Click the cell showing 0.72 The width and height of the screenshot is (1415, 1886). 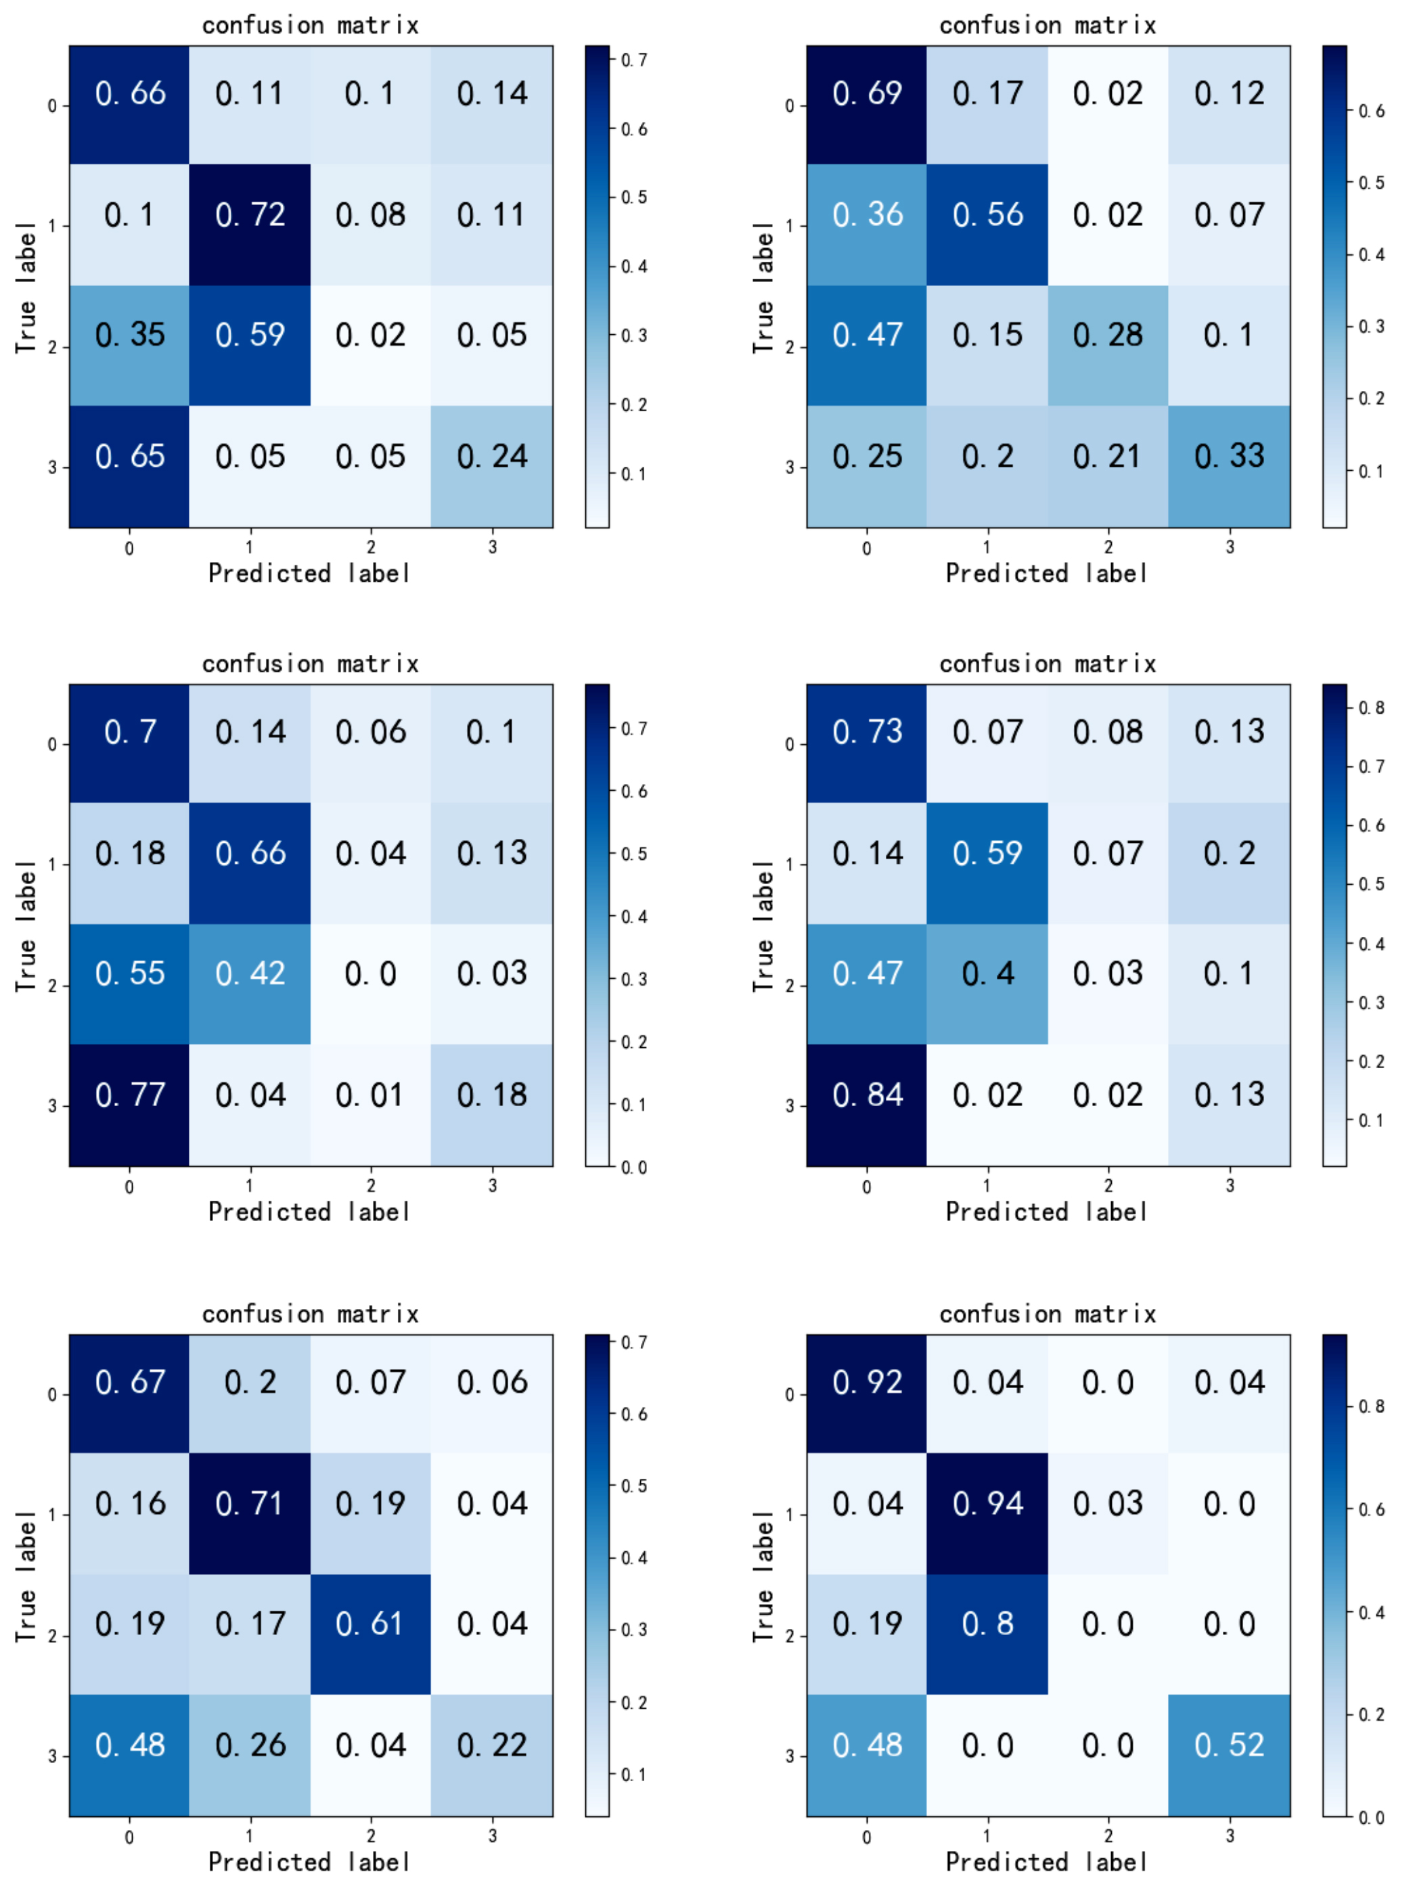pos(250,215)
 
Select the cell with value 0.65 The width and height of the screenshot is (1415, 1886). pos(130,456)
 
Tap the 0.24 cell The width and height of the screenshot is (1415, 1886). pos(491,456)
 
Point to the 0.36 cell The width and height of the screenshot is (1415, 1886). pos(867,215)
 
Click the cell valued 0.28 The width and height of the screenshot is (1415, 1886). pos(1107,335)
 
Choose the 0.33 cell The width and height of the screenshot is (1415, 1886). pos(1228,456)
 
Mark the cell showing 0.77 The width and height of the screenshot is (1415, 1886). pos(130,1095)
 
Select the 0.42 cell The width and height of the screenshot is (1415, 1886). pos(250,973)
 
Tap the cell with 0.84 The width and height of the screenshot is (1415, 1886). pos(867,1095)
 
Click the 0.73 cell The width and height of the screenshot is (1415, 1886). pos(867,731)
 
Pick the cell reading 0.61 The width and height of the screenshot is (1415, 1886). pos(370,1624)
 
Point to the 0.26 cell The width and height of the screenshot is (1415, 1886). pos(250,1745)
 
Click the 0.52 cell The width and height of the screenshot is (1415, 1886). pos(1228,1745)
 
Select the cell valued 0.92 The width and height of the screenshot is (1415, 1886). pos(867,1382)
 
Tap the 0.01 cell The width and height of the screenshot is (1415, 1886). pos(370,1095)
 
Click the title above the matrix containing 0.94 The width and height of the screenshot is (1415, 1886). pos(1048,1314)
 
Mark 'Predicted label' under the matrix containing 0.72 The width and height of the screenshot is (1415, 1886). pos(310,573)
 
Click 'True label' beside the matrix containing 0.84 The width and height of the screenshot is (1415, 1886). pos(763,926)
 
